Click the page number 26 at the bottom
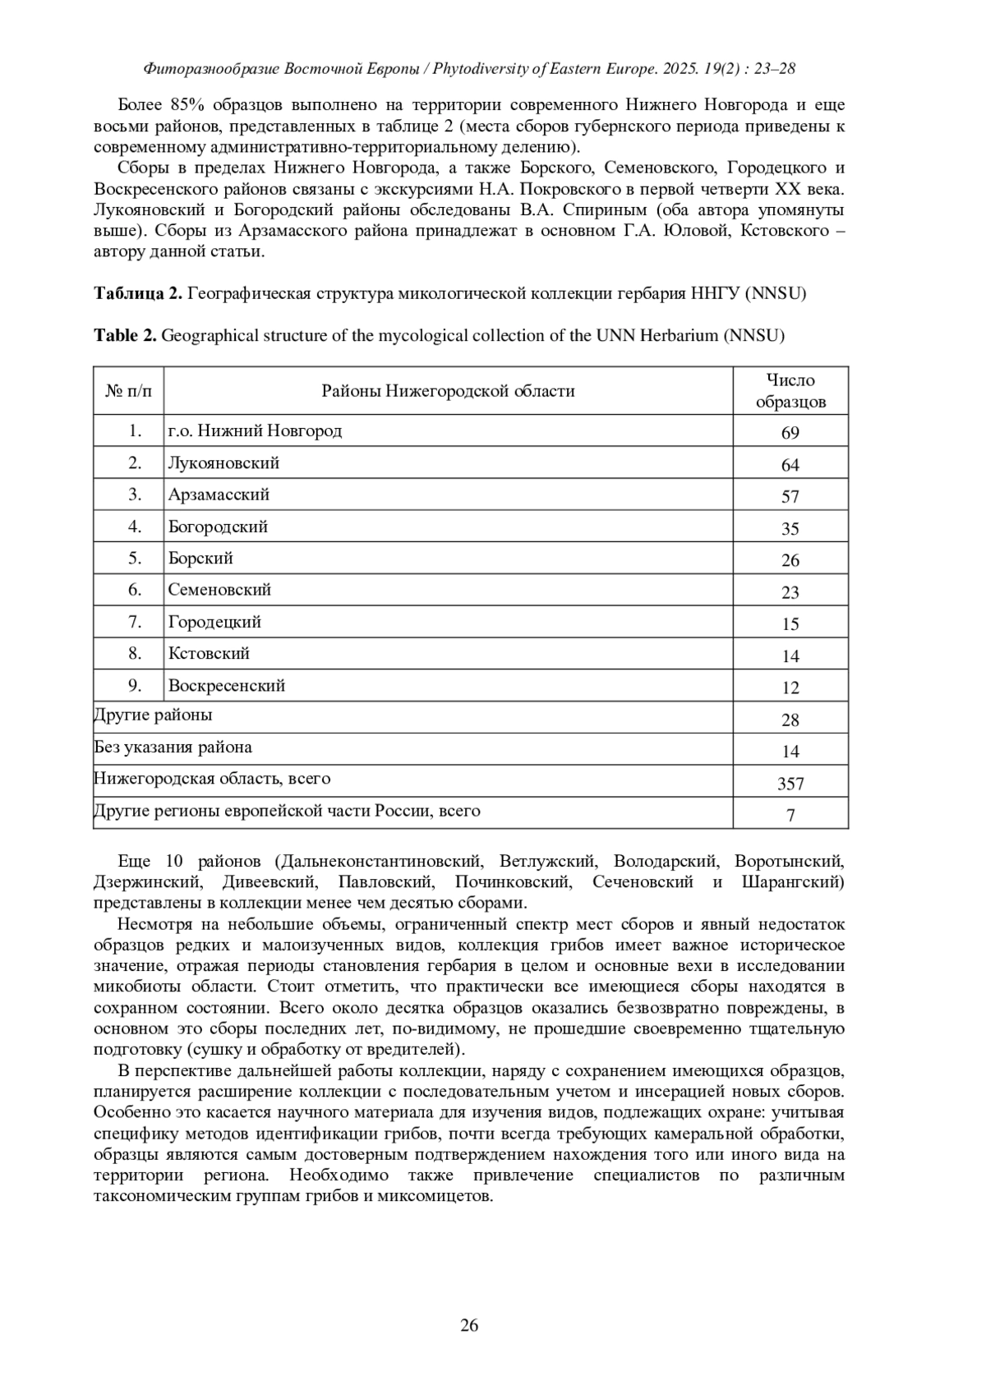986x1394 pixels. [x=469, y=1324]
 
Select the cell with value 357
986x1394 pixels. [x=790, y=784]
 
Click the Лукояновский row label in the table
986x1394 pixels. [x=223, y=463]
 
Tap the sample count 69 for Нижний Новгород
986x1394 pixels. [x=790, y=433]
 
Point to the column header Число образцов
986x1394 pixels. [x=790, y=391]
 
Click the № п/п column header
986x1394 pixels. [x=129, y=391]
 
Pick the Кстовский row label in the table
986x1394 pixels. [x=209, y=654]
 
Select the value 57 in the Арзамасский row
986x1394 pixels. [x=790, y=497]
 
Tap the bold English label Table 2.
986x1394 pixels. [x=125, y=335]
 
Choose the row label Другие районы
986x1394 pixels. [x=154, y=715]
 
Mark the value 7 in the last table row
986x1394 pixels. [x=790, y=816]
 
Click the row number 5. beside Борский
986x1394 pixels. [x=135, y=559]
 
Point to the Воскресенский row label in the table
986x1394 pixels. [x=226, y=686]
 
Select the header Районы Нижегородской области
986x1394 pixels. [x=448, y=391]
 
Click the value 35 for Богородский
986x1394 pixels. [x=790, y=529]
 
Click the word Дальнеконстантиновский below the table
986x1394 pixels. [x=379, y=861]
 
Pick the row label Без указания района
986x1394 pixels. [x=173, y=748]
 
